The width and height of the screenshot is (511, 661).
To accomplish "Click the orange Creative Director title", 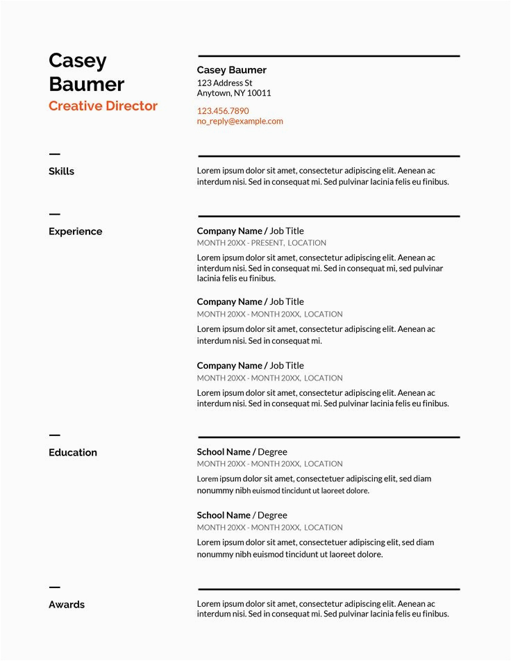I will [x=103, y=106].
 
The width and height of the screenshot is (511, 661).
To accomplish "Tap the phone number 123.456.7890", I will [x=222, y=111].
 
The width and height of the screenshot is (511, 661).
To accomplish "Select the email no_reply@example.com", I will [x=240, y=121].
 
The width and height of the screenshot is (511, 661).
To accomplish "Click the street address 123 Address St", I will [x=224, y=83].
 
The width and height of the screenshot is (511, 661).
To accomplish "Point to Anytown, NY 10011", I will [x=234, y=93].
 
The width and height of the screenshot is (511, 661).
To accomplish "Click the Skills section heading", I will [x=61, y=171].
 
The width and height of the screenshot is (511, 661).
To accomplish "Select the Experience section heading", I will [x=75, y=232].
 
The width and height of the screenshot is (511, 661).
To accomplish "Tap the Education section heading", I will [x=73, y=453].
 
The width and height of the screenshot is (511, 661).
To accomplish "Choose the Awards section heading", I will [x=67, y=605].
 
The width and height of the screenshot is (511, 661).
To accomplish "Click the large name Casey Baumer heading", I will [x=86, y=72].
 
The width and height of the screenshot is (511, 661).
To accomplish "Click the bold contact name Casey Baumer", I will [x=231, y=70].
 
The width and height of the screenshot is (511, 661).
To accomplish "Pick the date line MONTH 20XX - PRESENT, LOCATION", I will [x=261, y=243].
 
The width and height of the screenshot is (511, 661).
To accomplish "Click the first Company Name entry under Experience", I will [x=230, y=231].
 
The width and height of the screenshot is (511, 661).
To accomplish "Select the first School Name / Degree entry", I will [x=242, y=452].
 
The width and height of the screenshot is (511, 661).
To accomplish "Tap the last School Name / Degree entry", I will [x=242, y=515].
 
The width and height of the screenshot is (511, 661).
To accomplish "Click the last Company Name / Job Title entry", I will [x=250, y=366].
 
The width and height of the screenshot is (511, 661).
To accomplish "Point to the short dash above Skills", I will [x=54, y=154].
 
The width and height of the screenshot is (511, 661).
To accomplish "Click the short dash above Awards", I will [x=54, y=587].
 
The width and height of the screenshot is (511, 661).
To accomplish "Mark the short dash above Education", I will [x=54, y=435].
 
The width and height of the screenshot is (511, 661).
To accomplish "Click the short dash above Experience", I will [x=54, y=215].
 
